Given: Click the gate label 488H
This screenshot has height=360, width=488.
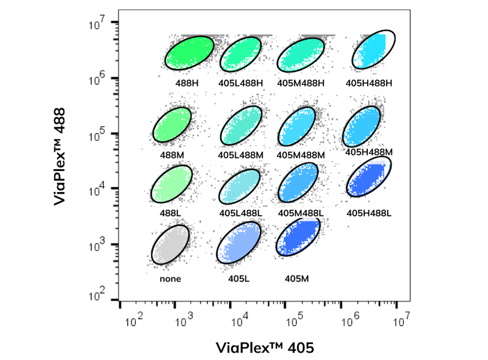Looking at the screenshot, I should click(187, 82).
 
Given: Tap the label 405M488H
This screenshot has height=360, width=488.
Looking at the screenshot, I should click(301, 82).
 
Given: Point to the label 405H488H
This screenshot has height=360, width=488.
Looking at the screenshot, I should click(369, 82).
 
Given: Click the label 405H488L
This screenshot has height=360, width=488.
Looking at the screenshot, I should click(369, 213).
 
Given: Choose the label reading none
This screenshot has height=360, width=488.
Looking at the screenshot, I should click(170, 279).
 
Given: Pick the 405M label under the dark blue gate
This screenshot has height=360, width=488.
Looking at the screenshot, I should click(295, 279).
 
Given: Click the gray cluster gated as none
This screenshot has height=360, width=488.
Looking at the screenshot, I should click(170, 245).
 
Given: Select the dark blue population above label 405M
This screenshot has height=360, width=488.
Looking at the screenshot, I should click(298, 237).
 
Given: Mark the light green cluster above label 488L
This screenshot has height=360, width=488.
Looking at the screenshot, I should click(172, 184).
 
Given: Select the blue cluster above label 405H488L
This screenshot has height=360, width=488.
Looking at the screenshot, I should click(370, 178).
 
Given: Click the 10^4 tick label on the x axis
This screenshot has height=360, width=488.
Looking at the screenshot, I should click(240, 322).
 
